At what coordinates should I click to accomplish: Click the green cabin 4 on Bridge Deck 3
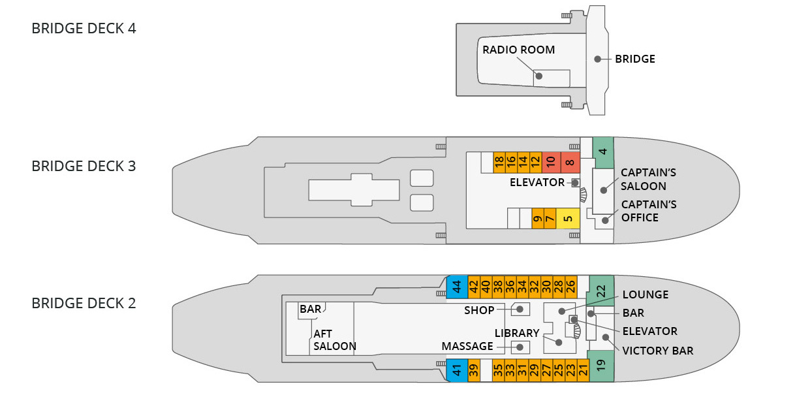[603, 153]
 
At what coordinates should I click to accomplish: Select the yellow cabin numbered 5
[568, 218]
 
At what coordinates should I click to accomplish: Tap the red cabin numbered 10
[551, 163]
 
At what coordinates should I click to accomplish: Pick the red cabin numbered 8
[570, 163]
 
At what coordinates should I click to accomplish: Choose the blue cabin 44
[457, 287]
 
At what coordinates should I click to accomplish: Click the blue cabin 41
[457, 370]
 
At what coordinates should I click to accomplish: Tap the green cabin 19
[600, 366]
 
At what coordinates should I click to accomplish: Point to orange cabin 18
[499, 163]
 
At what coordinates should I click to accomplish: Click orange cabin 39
[474, 370]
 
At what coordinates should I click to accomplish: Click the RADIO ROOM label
[518, 50]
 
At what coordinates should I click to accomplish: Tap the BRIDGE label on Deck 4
[635, 59]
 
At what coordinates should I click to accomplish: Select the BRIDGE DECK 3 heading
[84, 167]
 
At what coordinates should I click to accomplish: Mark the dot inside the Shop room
[520, 310]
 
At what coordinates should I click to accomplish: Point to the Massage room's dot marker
[520, 347]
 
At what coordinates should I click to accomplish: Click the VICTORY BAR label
[658, 351]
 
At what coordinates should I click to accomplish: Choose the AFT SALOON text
[335, 340]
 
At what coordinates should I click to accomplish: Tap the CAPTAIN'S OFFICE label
[649, 211]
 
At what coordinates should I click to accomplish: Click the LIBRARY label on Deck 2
[517, 333]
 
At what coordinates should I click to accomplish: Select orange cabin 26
[571, 287]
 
